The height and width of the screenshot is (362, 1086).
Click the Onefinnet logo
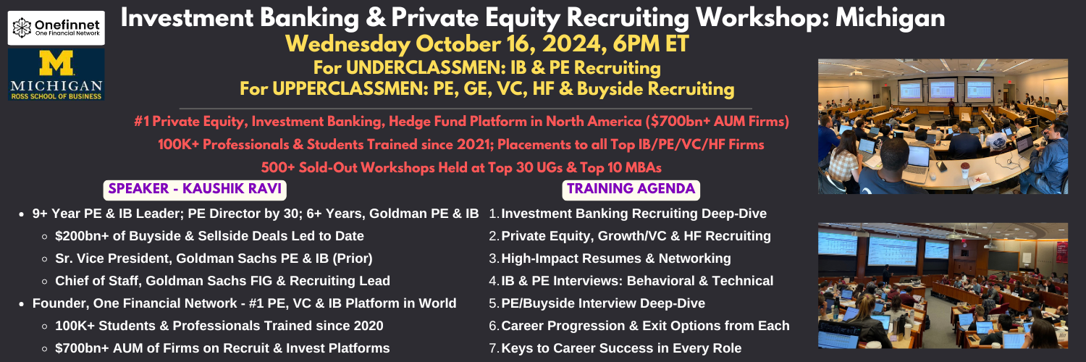(x=56, y=28)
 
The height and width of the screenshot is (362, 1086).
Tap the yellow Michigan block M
(x=56, y=63)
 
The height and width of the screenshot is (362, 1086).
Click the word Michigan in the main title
(x=890, y=18)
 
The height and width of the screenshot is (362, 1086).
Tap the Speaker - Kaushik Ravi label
(x=195, y=189)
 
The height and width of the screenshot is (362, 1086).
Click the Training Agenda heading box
(x=631, y=189)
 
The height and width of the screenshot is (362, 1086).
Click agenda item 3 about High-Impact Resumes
(x=610, y=258)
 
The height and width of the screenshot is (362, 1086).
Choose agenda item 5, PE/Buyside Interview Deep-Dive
(x=597, y=303)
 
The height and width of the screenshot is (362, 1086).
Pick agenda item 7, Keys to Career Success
(x=615, y=348)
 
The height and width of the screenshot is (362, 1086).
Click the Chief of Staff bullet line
(x=222, y=281)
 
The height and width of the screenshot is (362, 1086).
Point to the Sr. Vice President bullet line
(x=214, y=258)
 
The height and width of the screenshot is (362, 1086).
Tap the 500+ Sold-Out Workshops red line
(x=461, y=168)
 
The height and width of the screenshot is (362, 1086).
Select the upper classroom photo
(x=943, y=127)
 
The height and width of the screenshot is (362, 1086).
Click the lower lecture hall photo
(x=943, y=285)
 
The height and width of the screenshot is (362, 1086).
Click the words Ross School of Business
(x=56, y=96)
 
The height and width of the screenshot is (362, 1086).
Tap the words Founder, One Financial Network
(x=134, y=303)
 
